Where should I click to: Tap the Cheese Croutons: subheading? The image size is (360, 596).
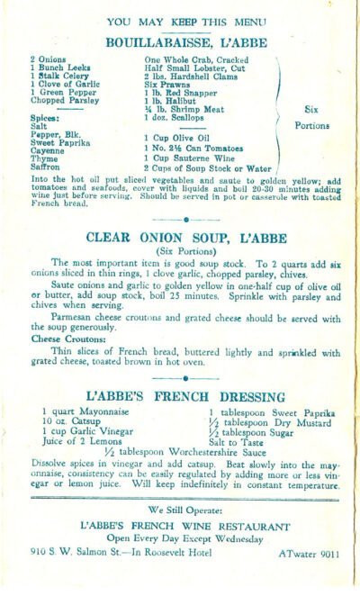61,339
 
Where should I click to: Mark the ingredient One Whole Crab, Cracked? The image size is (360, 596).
191,58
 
